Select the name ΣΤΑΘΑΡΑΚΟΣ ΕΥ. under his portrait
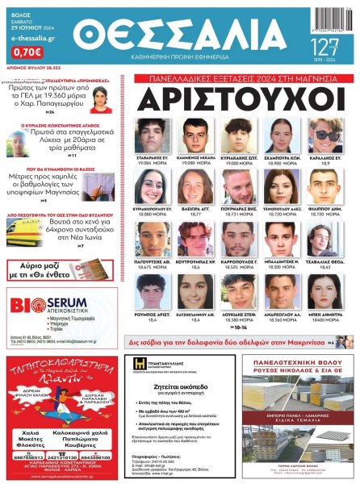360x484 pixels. (153, 156)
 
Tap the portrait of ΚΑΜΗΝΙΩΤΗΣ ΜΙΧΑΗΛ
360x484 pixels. (196, 134)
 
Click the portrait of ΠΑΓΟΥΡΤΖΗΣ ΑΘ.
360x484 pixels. (153, 239)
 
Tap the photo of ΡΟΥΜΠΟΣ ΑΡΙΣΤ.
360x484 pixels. (153, 291)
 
